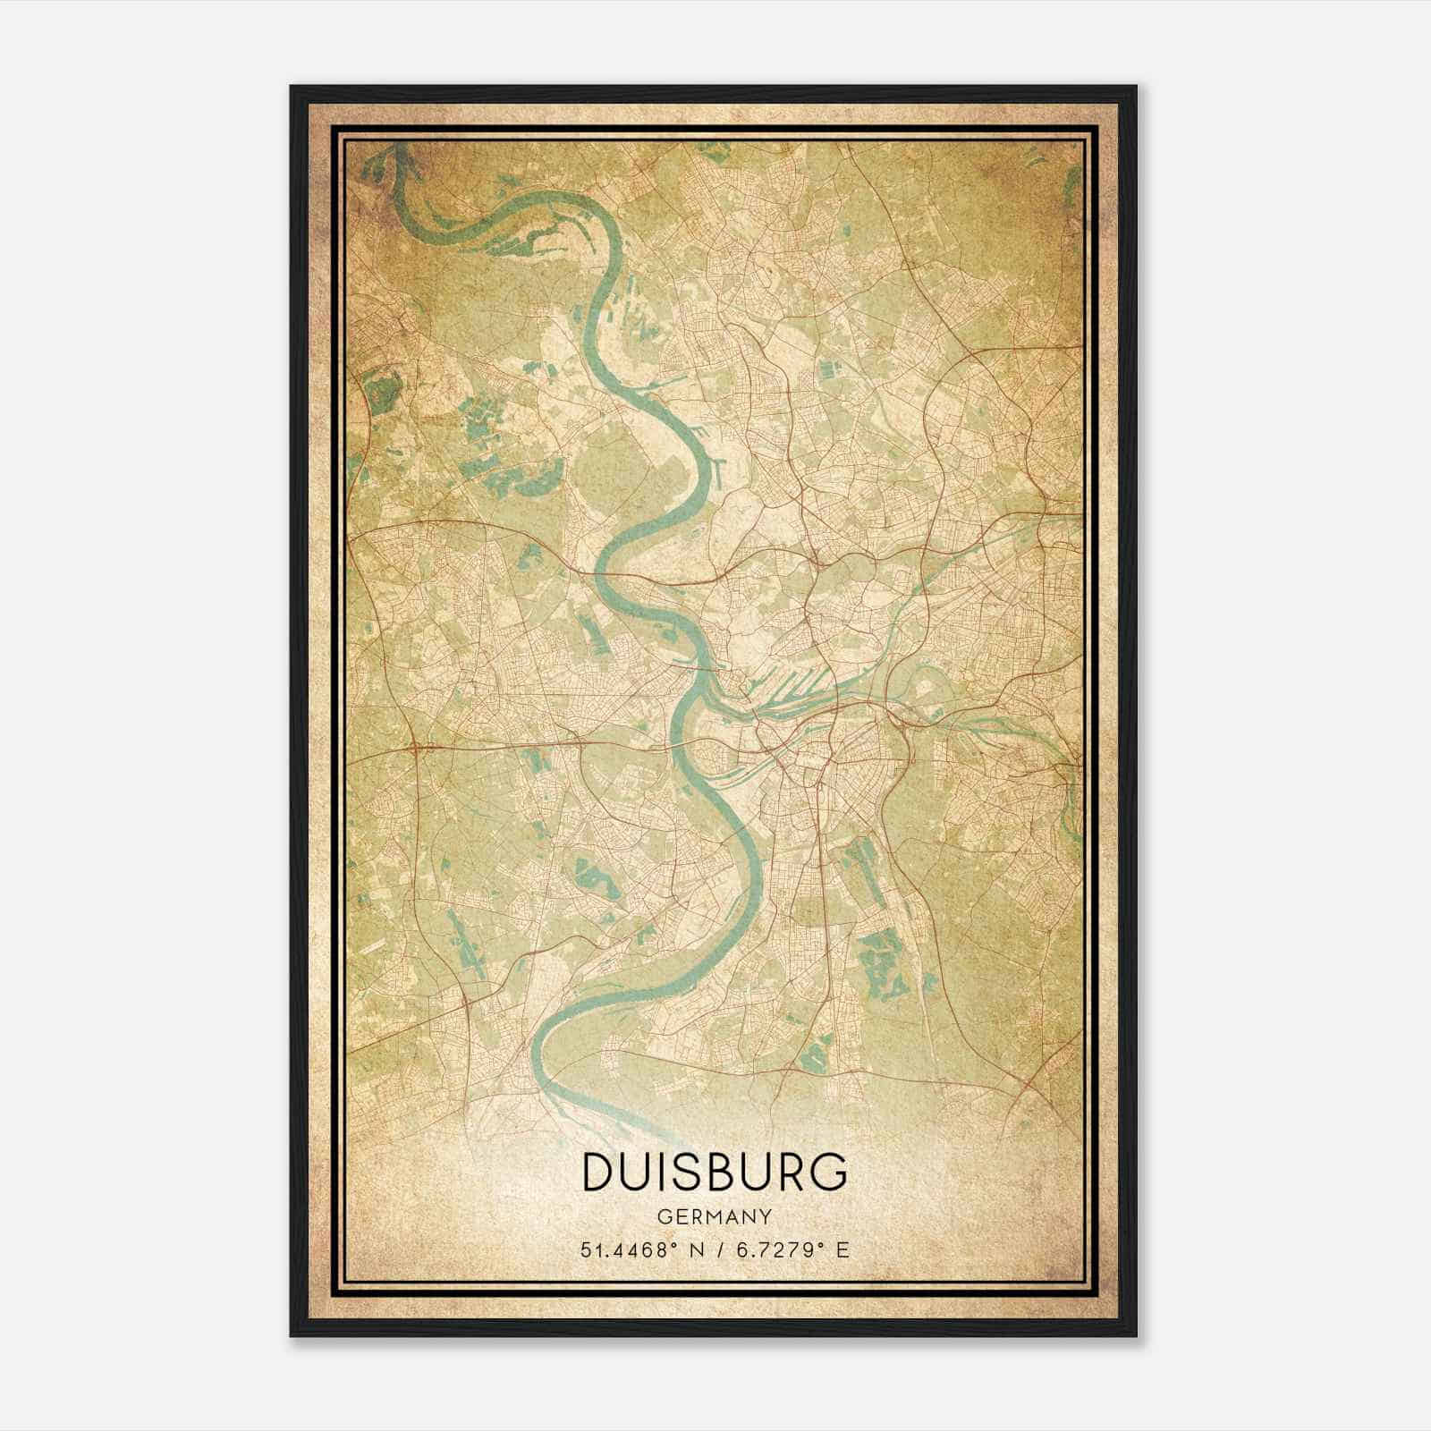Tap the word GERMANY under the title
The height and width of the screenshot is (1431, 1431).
[x=715, y=1217]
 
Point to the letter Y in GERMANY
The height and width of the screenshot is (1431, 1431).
[x=766, y=1217]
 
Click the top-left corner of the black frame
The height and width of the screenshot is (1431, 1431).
[x=292, y=87]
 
